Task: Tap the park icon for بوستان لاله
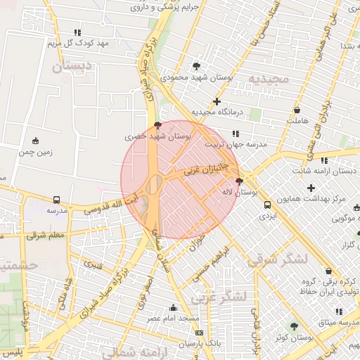pyautogui.click(x=239, y=181)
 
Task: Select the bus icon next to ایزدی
pyautogui.click(x=267, y=205)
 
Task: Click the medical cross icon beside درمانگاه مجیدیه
pyautogui.click(x=217, y=102)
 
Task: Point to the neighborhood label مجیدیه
pyautogui.click(x=264, y=79)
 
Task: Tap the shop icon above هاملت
pyautogui.click(x=297, y=110)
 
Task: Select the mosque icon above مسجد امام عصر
pyautogui.click(x=173, y=308)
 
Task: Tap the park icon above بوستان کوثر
pyautogui.click(x=294, y=326)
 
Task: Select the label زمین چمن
pyautogui.click(x=36, y=151)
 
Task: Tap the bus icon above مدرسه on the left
pyautogui.click(x=56, y=200)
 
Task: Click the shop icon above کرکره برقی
pyautogui.click(x=328, y=271)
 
